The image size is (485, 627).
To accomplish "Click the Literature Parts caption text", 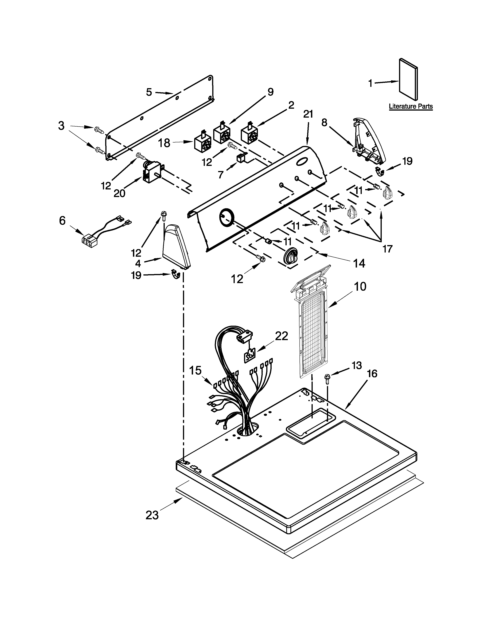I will point(411,107).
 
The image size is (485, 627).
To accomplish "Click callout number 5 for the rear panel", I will point(149,92).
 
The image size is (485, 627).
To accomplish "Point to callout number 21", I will point(308,114).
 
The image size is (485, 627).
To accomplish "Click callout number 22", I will point(281,336).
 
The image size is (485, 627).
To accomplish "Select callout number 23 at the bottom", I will point(152,515).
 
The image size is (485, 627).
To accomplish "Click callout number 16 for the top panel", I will point(372,374).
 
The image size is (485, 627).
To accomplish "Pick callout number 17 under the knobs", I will point(387,249).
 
